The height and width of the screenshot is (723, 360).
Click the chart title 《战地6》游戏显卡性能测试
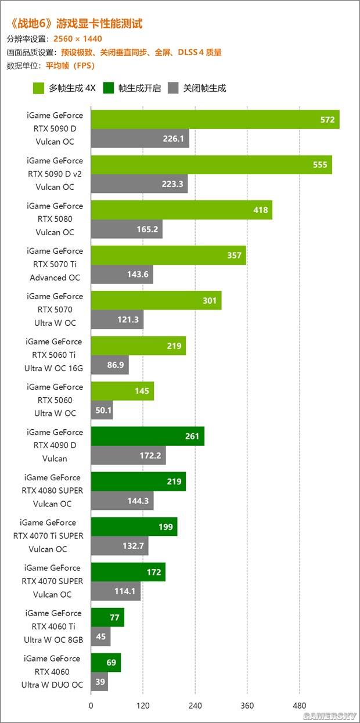click(x=76, y=24)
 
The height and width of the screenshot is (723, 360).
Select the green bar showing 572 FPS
click(x=215, y=120)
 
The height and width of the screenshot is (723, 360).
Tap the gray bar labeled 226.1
click(x=140, y=138)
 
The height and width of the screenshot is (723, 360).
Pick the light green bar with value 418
click(x=181, y=210)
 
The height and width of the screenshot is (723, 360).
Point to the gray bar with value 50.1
click(x=102, y=410)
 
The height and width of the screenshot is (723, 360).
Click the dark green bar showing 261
click(x=147, y=436)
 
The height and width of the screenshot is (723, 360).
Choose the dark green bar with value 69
click(x=106, y=663)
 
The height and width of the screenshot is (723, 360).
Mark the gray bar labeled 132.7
click(x=120, y=546)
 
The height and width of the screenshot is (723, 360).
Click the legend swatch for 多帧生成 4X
click(x=39, y=88)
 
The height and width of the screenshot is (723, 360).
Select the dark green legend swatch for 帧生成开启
click(x=109, y=88)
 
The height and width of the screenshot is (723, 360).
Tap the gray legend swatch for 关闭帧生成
click(x=173, y=88)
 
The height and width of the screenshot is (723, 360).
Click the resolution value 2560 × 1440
click(x=77, y=39)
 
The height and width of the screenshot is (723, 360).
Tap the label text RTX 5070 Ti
click(x=56, y=264)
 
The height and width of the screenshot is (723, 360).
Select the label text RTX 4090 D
click(x=56, y=445)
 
